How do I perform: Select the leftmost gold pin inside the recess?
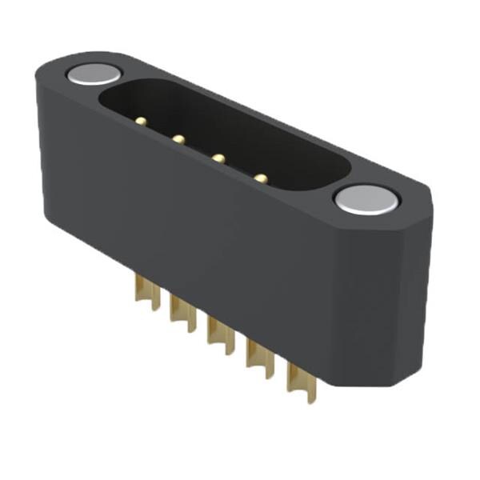(x=141, y=122)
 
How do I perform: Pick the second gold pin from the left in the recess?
(x=178, y=139)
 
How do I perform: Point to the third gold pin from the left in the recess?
(x=217, y=158)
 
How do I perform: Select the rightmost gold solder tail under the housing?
(x=295, y=381)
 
